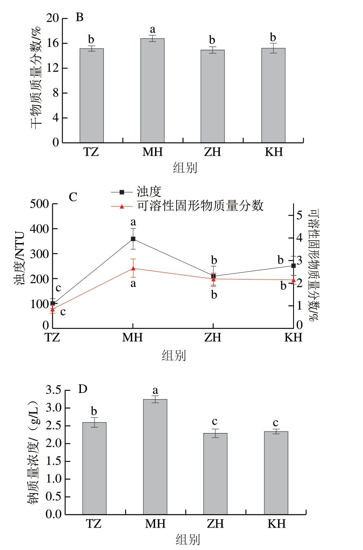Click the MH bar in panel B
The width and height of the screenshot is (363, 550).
[152, 90]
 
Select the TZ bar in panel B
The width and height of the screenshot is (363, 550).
[92, 96]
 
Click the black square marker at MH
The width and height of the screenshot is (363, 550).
[133, 239]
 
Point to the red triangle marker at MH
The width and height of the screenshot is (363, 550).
[133, 268]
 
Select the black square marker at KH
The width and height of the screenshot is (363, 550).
[293, 266]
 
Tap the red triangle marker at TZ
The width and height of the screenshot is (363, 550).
[53, 310]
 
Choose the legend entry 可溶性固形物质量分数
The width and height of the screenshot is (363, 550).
[199, 206]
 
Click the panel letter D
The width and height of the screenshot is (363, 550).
[83, 389]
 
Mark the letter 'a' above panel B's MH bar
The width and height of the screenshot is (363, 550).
[152, 29]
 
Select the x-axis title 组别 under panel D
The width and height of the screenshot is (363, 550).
[188, 539]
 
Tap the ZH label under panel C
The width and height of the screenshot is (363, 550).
[213, 338]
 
